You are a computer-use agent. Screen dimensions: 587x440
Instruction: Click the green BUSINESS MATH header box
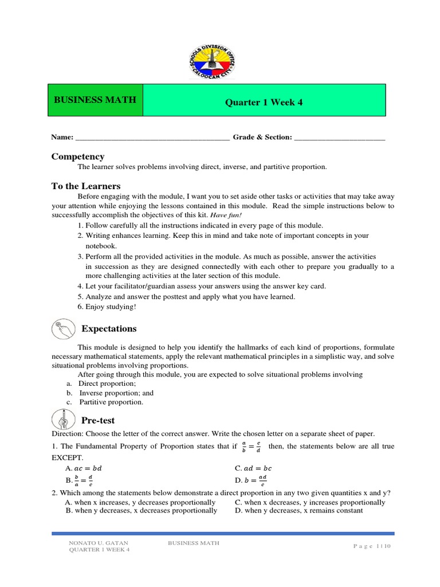point(95,100)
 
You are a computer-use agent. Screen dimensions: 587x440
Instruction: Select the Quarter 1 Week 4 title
point(264,103)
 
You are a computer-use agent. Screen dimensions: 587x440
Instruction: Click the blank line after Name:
point(152,138)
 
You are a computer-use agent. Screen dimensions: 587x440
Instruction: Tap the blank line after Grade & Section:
point(339,138)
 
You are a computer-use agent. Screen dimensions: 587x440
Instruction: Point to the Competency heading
point(78,156)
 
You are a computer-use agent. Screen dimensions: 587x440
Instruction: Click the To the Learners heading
point(86,186)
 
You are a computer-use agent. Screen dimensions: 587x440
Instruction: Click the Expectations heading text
point(109,329)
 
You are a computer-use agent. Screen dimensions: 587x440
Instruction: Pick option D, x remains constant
point(298,510)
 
